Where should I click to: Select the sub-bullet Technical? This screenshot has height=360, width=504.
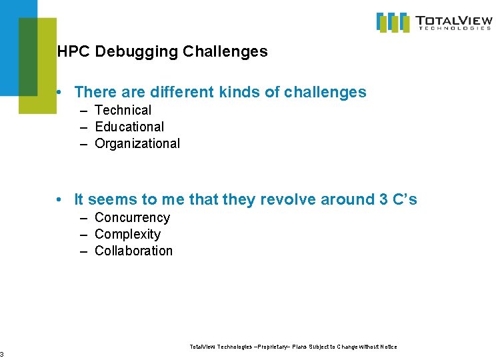pos(123,110)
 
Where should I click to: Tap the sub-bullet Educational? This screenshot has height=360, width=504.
pos(129,127)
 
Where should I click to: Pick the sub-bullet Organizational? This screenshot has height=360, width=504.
pos(137,143)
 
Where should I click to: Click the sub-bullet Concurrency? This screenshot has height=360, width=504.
pos(132,217)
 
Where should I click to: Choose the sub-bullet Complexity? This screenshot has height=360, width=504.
pos(127,234)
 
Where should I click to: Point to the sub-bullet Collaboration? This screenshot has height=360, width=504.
pos(133,251)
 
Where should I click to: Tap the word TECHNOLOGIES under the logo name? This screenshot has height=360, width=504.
pos(455,29)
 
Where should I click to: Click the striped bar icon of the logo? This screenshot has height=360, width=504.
pos(393,22)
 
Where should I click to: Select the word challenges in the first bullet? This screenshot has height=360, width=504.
pos(325,92)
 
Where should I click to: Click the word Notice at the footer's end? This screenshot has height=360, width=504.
pos(388,347)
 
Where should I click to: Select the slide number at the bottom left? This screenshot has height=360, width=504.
pos(2,354)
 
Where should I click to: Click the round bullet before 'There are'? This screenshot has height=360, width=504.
pos(60,93)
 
